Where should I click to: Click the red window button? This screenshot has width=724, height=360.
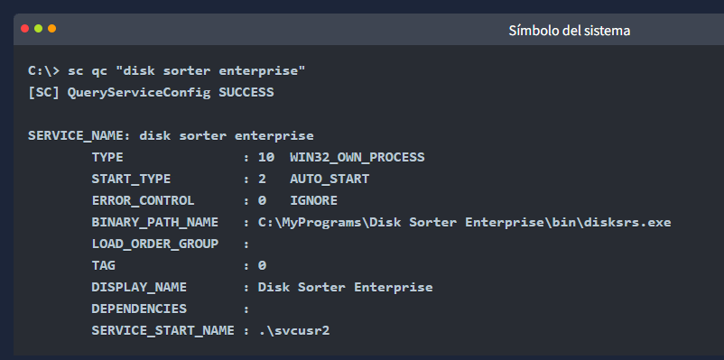[x=25, y=29]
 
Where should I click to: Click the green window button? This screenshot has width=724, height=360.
[x=38, y=29]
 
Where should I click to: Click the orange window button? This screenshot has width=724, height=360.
[x=52, y=29]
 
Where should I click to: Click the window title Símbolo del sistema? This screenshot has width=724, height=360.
[x=570, y=31]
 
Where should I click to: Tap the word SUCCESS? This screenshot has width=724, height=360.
[x=246, y=93]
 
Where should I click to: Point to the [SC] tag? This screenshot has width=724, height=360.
[x=44, y=93]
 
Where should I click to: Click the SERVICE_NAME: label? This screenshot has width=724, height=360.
[x=79, y=136]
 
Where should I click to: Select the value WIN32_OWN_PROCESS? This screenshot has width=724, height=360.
[x=357, y=158]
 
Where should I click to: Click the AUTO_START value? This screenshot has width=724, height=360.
[x=330, y=180]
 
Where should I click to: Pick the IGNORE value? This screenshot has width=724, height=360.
[x=313, y=201]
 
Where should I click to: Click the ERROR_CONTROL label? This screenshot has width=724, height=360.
[x=143, y=201]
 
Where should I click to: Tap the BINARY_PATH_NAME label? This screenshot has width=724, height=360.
[x=154, y=223]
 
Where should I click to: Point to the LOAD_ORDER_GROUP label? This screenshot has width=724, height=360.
[x=154, y=245]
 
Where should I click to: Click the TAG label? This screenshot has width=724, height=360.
[x=104, y=266]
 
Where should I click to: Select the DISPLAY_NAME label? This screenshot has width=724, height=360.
[x=139, y=288]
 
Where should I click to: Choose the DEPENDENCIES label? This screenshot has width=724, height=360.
[x=139, y=309]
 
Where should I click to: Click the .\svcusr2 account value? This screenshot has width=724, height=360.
[x=294, y=331]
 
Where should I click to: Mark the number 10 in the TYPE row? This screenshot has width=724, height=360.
[x=266, y=158]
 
